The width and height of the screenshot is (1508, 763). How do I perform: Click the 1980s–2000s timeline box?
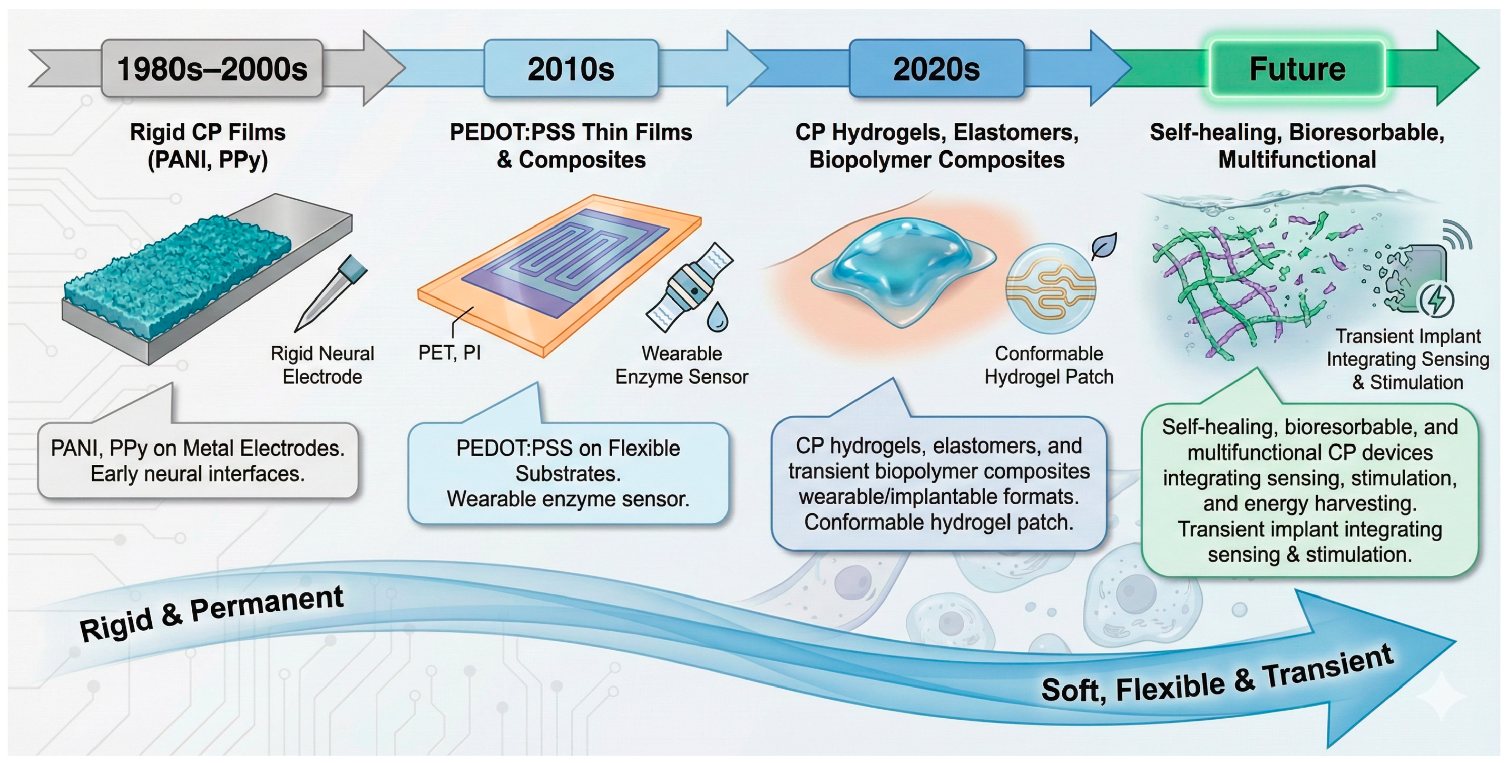coord(212,68)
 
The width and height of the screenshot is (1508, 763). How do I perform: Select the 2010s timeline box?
coord(571,68)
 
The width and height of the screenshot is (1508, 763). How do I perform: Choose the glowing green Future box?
coord(1297,68)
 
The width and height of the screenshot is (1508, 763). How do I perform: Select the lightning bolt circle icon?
coord(1435,300)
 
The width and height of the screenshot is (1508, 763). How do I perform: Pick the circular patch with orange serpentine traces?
coord(1050,288)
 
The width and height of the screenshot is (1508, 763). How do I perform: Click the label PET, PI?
coord(449,353)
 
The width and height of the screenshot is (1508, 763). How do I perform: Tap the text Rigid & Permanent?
coord(211,613)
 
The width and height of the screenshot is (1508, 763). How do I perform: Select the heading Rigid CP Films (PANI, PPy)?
coord(207,146)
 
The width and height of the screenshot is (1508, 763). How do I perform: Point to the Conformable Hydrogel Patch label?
coord(1049,365)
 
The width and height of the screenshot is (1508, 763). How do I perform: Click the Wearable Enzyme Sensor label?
coord(681,365)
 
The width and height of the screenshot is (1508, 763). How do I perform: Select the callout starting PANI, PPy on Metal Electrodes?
coord(197,460)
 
